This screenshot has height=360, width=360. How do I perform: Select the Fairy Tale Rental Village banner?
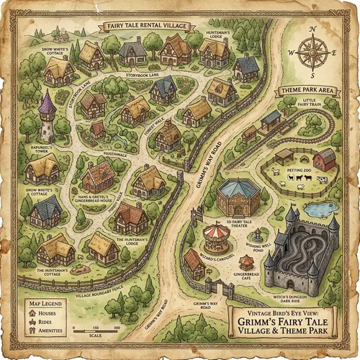tap(146, 26)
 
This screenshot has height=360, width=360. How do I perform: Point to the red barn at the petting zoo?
tap(325, 156)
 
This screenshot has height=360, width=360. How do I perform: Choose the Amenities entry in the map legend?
tap(47, 330)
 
